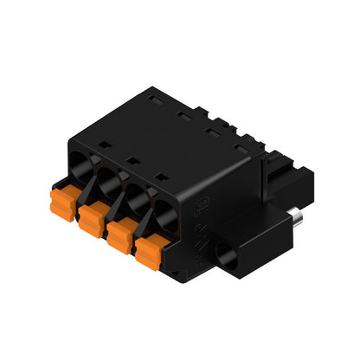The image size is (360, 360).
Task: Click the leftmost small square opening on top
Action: [100, 142]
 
